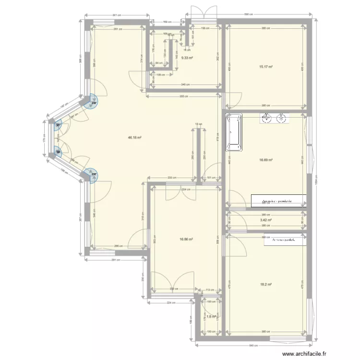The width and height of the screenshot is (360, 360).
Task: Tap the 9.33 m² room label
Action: point(187,58)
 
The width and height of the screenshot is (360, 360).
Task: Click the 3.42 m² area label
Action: point(266,220)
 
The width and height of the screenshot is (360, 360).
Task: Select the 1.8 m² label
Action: point(210,317)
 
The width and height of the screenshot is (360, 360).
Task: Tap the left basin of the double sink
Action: point(266,118)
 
